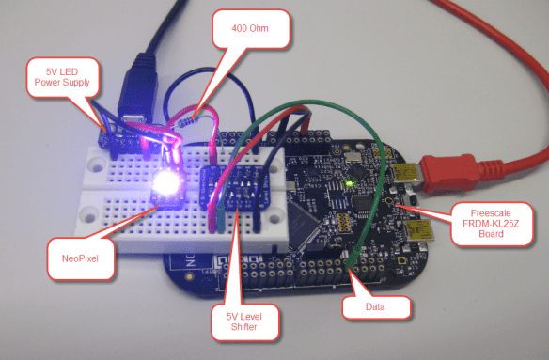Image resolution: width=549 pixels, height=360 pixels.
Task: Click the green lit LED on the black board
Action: click(350, 180)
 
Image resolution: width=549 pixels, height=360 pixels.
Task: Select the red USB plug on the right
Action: click(447, 175)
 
